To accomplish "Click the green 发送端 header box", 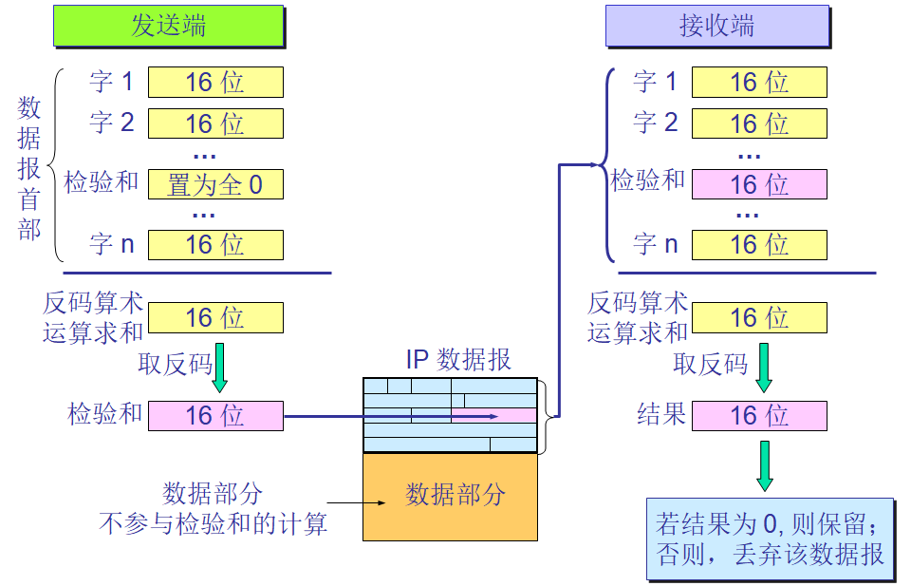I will (x=168, y=26).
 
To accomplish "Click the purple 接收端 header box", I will (x=717, y=26).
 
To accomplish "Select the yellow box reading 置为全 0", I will (x=215, y=184).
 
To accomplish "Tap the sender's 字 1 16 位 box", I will (x=215, y=83).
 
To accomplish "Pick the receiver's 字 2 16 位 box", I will (x=759, y=123).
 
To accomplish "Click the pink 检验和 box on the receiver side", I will (x=759, y=184).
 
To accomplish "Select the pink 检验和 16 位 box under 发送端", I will (x=215, y=415).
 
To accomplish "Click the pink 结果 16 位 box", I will (x=759, y=415).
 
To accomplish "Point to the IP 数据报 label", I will (x=458, y=360).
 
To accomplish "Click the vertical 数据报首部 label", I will (x=29, y=167).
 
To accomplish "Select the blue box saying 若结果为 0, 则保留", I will (x=770, y=539).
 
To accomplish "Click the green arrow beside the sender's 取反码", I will (x=220, y=368).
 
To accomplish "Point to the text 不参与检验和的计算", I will (x=213, y=523).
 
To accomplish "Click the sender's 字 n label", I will (x=112, y=245).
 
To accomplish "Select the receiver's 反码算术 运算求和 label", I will (x=638, y=318).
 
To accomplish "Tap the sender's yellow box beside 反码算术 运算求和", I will (x=215, y=317).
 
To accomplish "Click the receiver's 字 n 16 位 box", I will (x=759, y=245).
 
